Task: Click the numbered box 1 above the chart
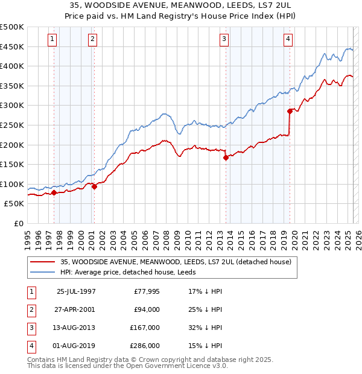point(52,40)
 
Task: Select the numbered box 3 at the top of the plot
point(224,40)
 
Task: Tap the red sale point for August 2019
point(290,111)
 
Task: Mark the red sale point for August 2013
point(226,157)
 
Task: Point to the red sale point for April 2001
point(94,186)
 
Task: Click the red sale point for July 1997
point(54,192)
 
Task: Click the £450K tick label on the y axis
point(12,46)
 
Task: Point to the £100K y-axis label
point(12,184)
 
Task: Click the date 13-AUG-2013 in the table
point(76,328)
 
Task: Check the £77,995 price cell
point(145,291)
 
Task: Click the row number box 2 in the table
point(30,309)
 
